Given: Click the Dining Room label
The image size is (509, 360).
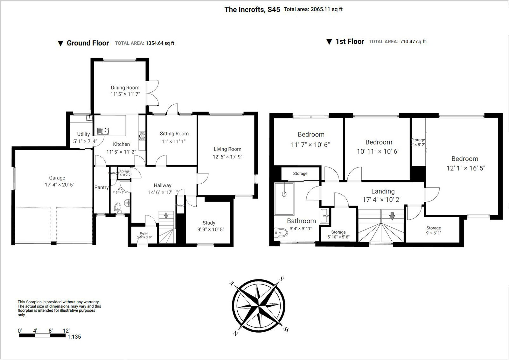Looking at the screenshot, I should click(125, 88).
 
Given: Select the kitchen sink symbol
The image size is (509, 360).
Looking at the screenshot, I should click(103, 131).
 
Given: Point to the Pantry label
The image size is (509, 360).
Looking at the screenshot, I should click(101, 187).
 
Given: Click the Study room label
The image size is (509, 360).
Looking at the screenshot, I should click(209, 223).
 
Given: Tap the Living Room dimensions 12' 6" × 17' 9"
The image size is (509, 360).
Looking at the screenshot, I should click(227, 157).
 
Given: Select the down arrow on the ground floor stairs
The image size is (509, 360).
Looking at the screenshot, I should click(166, 215).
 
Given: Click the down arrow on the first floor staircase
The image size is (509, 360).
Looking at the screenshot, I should click(392, 216).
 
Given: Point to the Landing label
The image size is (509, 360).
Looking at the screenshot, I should click(383, 191).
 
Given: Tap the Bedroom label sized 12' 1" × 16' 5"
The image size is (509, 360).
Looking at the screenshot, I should click(464, 159).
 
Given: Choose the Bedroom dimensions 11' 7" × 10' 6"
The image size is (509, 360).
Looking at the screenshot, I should click(310, 145).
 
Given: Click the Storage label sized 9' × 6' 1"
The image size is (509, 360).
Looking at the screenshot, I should click(434, 233).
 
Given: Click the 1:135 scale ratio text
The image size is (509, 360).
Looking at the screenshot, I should click(74, 337).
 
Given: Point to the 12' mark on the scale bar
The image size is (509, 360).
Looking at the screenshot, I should click(66, 331).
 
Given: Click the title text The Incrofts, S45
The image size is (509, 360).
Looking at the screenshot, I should click(252, 10).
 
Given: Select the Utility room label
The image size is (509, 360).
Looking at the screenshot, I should click(83, 134).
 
